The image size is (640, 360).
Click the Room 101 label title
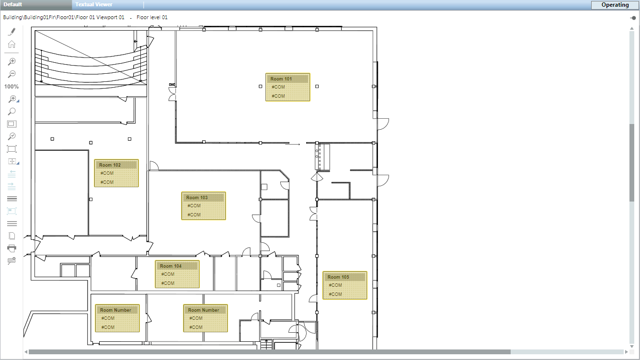(281, 79)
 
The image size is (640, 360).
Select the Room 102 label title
(110, 165)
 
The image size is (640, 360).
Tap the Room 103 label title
(197, 198)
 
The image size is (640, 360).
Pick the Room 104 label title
(171, 266)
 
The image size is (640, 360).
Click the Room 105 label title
(339, 277)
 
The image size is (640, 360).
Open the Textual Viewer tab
(94, 4)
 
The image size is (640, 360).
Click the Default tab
(13, 4)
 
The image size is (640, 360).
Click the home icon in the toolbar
(12, 45)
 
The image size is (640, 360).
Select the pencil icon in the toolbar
(12, 32)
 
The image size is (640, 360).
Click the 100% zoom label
(11, 87)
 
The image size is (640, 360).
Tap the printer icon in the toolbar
(12, 248)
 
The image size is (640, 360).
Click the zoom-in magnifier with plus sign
(12, 61)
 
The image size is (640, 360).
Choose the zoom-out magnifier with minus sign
(12, 74)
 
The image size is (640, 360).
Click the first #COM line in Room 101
(278, 87)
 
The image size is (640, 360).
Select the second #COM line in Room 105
(335, 294)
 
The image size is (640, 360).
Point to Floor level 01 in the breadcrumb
(152, 17)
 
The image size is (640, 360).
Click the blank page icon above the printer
(12, 236)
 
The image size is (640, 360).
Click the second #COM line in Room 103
(194, 215)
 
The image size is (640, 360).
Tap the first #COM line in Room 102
(107, 173)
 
